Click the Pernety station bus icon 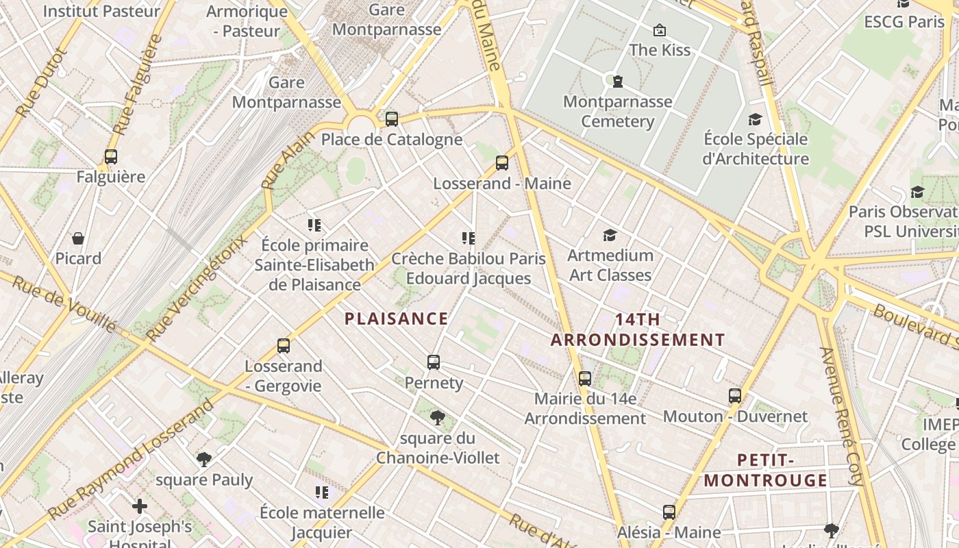(x=433, y=362)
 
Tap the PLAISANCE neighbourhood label (x=396, y=319)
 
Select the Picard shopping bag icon (x=78, y=238)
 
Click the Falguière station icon (x=111, y=156)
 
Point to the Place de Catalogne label (x=391, y=140)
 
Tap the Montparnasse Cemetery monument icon (x=618, y=82)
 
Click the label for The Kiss (x=659, y=50)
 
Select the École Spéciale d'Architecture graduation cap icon (x=755, y=119)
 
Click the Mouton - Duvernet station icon (x=735, y=395)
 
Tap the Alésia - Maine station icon (x=669, y=512)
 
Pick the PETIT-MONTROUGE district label (x=765, y=470)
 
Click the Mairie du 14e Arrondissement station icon (x=584, y=378)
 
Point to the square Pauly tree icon (x=203, y=459)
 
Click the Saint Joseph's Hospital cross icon (x=140, y=506)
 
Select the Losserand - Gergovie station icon (x=284, y=345)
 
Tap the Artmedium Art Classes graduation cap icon (x=610, y=236)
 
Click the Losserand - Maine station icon (x=502, y=163)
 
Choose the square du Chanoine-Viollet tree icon (x=437, y=417)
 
